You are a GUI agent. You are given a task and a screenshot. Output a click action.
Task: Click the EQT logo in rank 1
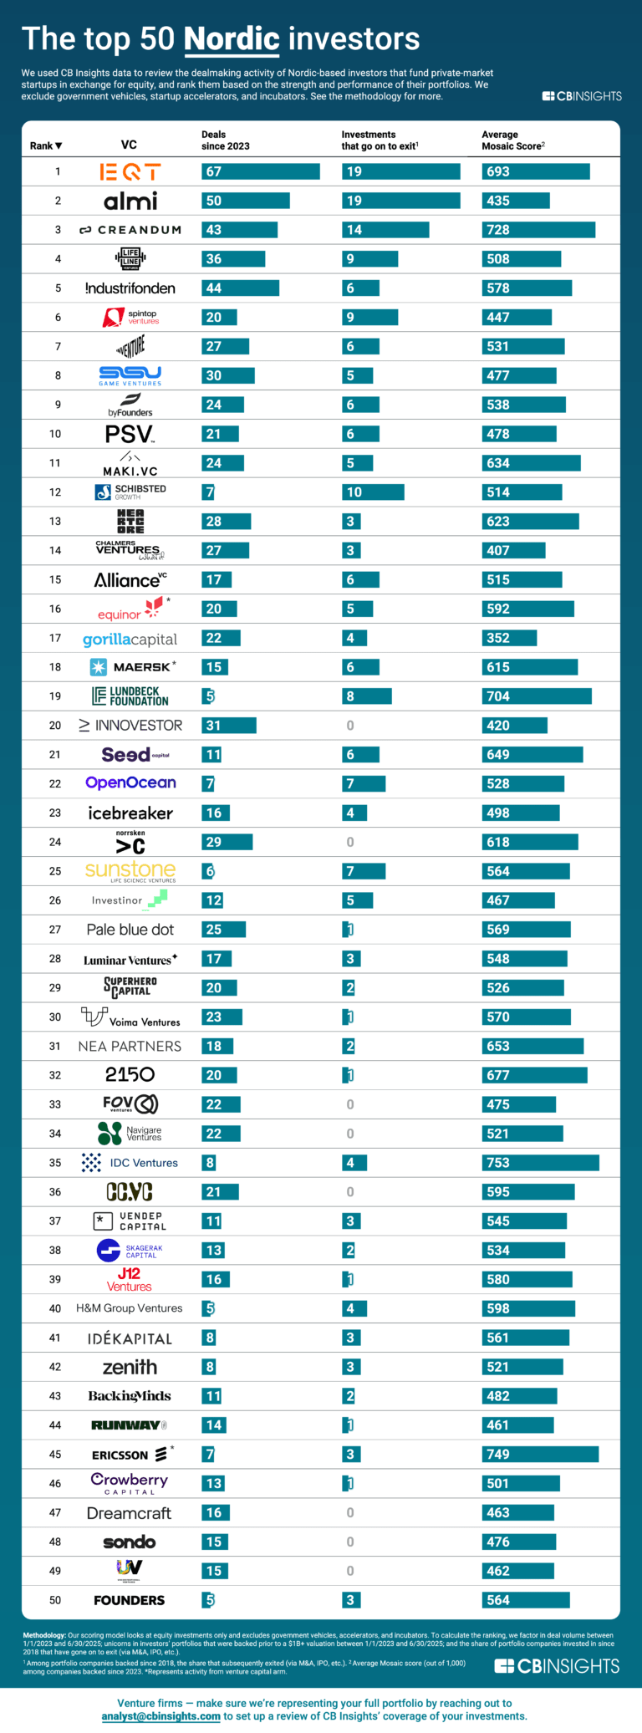(130, 172)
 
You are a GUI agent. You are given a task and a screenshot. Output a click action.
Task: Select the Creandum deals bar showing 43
(239, 230)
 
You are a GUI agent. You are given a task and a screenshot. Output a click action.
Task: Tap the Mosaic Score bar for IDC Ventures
(540, 1163)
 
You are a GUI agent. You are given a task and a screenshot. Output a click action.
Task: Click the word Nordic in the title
(232, 39)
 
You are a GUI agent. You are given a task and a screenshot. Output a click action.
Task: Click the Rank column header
(46, 145)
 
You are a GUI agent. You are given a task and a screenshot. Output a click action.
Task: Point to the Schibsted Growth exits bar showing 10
(373, 492)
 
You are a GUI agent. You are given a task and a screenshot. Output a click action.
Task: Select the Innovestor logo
(130, 726)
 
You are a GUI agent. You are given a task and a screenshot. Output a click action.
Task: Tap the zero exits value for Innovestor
(350, 726)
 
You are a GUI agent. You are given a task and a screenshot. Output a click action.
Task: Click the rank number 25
(55, 871)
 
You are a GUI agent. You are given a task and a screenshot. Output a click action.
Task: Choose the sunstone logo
(130, 871)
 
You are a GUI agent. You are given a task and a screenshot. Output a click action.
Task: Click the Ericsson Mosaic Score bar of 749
(540, 1455)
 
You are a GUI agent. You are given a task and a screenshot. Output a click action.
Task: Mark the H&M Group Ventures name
(130, 1308)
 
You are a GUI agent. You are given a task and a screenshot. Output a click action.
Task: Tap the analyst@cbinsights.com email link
(161, 1716)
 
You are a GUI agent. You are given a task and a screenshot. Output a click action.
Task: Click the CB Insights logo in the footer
(557, 1666)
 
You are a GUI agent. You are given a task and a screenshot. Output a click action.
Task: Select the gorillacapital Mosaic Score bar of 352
(509, 638)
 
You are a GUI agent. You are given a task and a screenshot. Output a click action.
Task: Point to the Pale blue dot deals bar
(223, 930)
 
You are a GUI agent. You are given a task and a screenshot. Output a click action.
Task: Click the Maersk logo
(133, 667)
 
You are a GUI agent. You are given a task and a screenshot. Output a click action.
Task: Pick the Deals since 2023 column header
(225, 140)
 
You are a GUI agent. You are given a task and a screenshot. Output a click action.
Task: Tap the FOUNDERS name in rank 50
(130, 1600)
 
